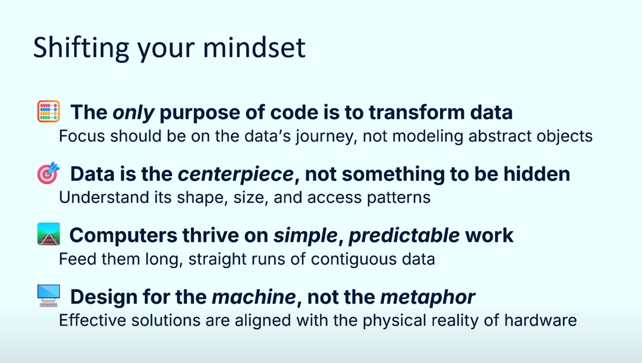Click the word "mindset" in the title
click(254, 47)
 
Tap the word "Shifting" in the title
click(81, 48)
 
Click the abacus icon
click(48, 111)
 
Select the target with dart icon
click(48, 173)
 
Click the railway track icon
click(48, 234)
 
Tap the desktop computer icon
click(48, 295)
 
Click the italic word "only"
click(133, 113)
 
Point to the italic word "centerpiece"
click(235, 174)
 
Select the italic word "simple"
click(305, 235)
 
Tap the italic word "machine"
click(254, 297)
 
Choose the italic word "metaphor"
click(428, 297)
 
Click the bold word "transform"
click(416, 112)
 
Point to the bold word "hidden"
click(536, 174)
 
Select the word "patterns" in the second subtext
click(398, 198)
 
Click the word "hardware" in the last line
click(540, 320)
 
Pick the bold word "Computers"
click(123, 236)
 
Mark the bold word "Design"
click(104, 297)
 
